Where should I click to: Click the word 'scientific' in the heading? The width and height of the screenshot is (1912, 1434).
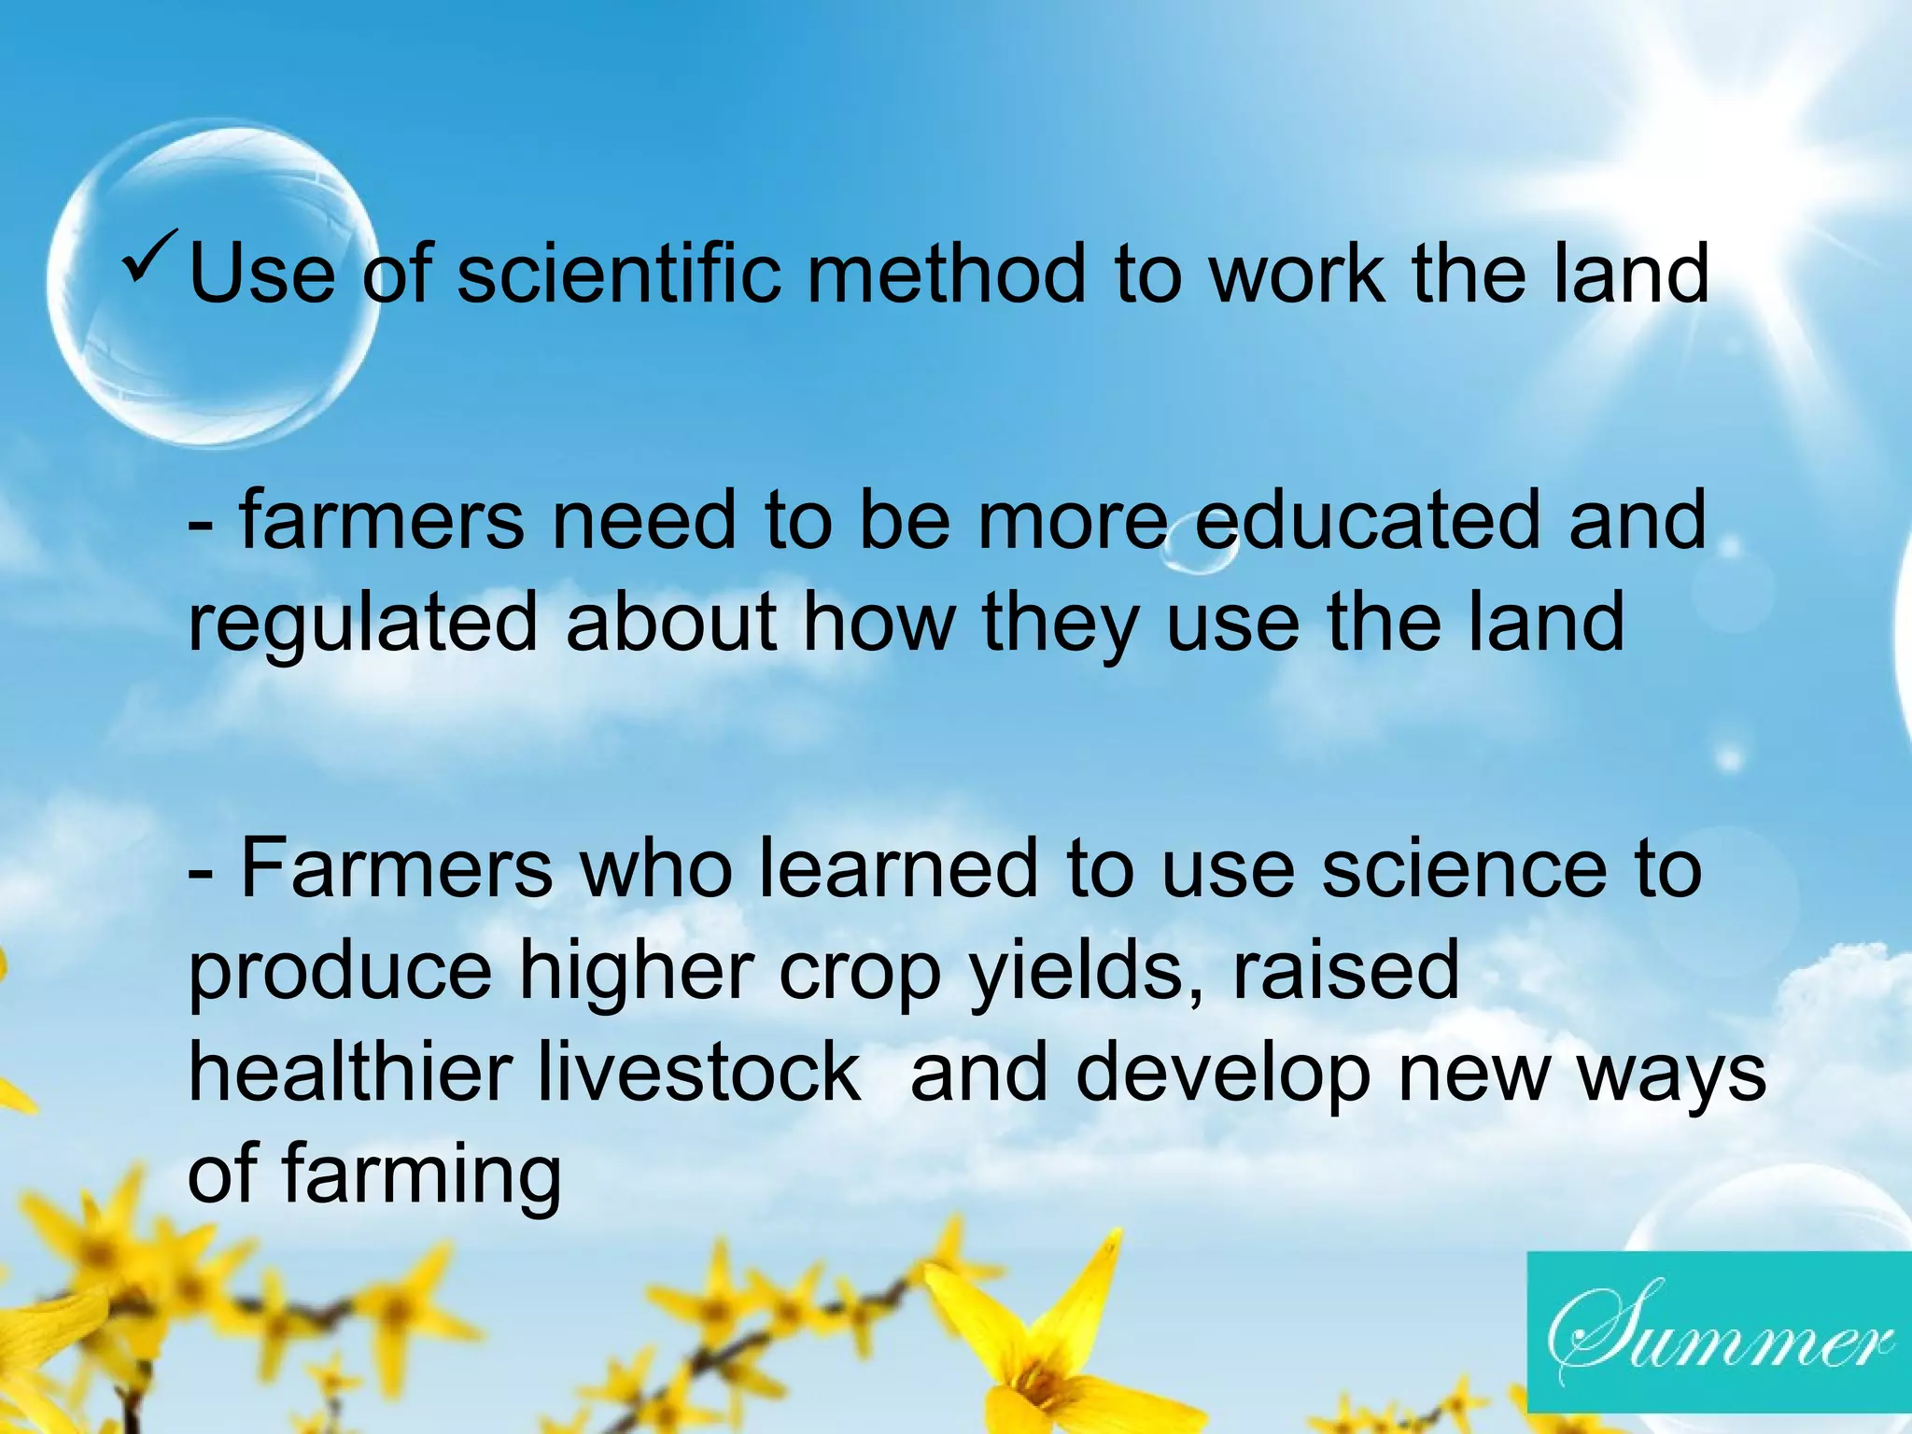click(618, 274)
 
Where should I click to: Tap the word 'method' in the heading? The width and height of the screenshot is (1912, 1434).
click(946, 274)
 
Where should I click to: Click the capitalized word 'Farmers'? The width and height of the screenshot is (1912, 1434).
click(397, 869)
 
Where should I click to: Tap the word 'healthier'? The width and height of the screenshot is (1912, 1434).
click(349, 1073)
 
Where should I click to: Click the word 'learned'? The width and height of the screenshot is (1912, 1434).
click(898, 869)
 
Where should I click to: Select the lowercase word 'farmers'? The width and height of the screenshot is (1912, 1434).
click(382, 520)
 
